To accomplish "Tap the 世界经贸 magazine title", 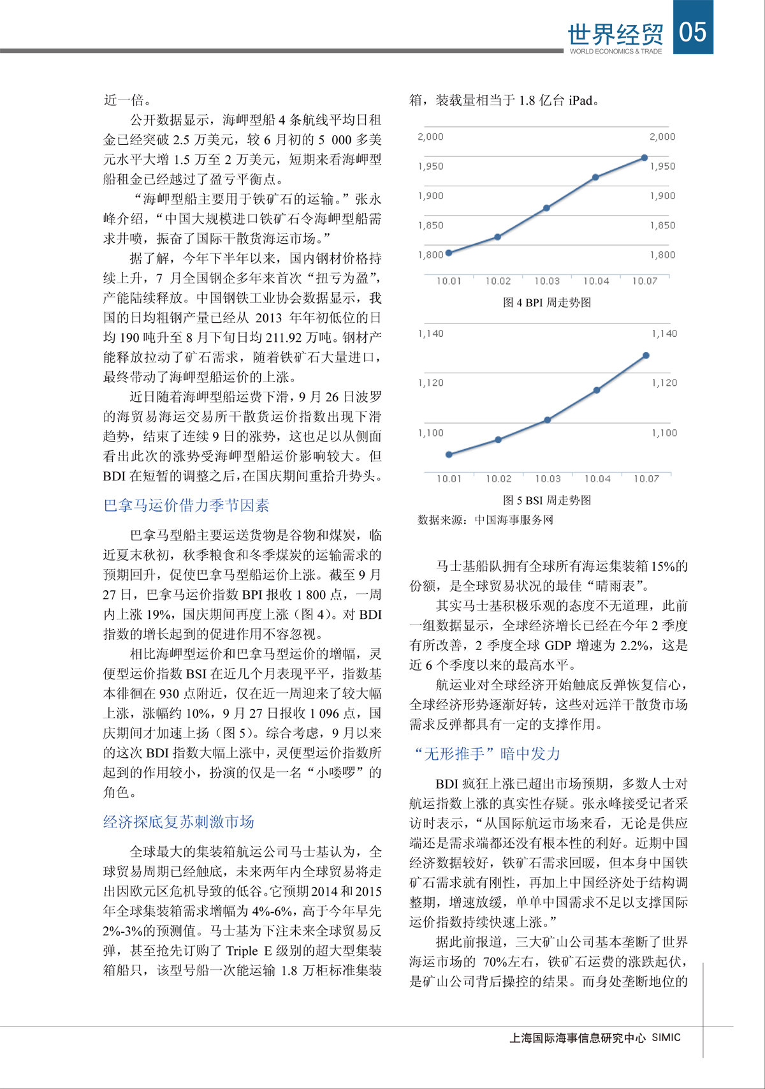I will pyautogui.click(x=615, y=34).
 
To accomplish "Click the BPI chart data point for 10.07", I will pyautogui.click(x=645, y=158).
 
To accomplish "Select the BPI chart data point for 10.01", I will pyautogui.click(x=449, y=253).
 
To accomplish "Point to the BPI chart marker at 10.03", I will pyautogui.click(x=547, y=208).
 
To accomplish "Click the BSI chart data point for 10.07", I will pyautogui.click(x=646, y=356).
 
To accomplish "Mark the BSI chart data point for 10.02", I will pyautogui.click(x=499, y=440).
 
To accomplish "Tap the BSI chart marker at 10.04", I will pyautogui.click(x=597, y=390).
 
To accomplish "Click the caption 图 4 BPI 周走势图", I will pyautogui.click(x=547, y=302).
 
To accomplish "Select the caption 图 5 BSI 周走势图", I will pyautogui.click(x=547, y=500).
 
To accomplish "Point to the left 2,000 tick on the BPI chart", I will pyautogui.click(x=430, y=137).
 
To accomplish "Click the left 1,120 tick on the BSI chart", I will pyautogui.click(x=430, y=383).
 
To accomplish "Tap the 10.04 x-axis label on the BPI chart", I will pyautogui.click(x=596, y=281).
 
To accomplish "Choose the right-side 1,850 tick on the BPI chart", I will pyautogui.click(x=662, y=225).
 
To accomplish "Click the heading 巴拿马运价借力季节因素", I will pyautogui.click(x=186, y=506).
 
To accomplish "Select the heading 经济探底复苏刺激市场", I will pyautogui.click(x=178, y=822).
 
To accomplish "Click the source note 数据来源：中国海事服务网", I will pyautogui.click(x=485, y=520).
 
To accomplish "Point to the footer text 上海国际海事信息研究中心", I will pyautogui.click(x=578, y=1038).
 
